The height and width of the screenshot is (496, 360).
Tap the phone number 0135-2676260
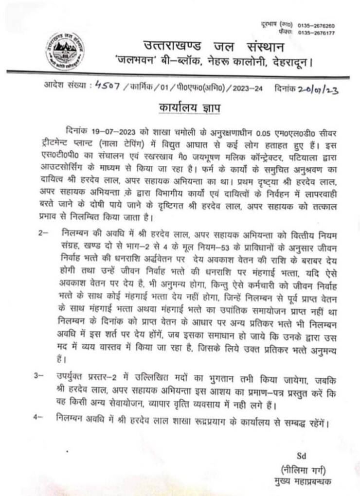[316, 26]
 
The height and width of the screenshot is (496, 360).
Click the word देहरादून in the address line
[286, 62]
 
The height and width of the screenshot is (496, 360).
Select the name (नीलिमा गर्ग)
[303, 469]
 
